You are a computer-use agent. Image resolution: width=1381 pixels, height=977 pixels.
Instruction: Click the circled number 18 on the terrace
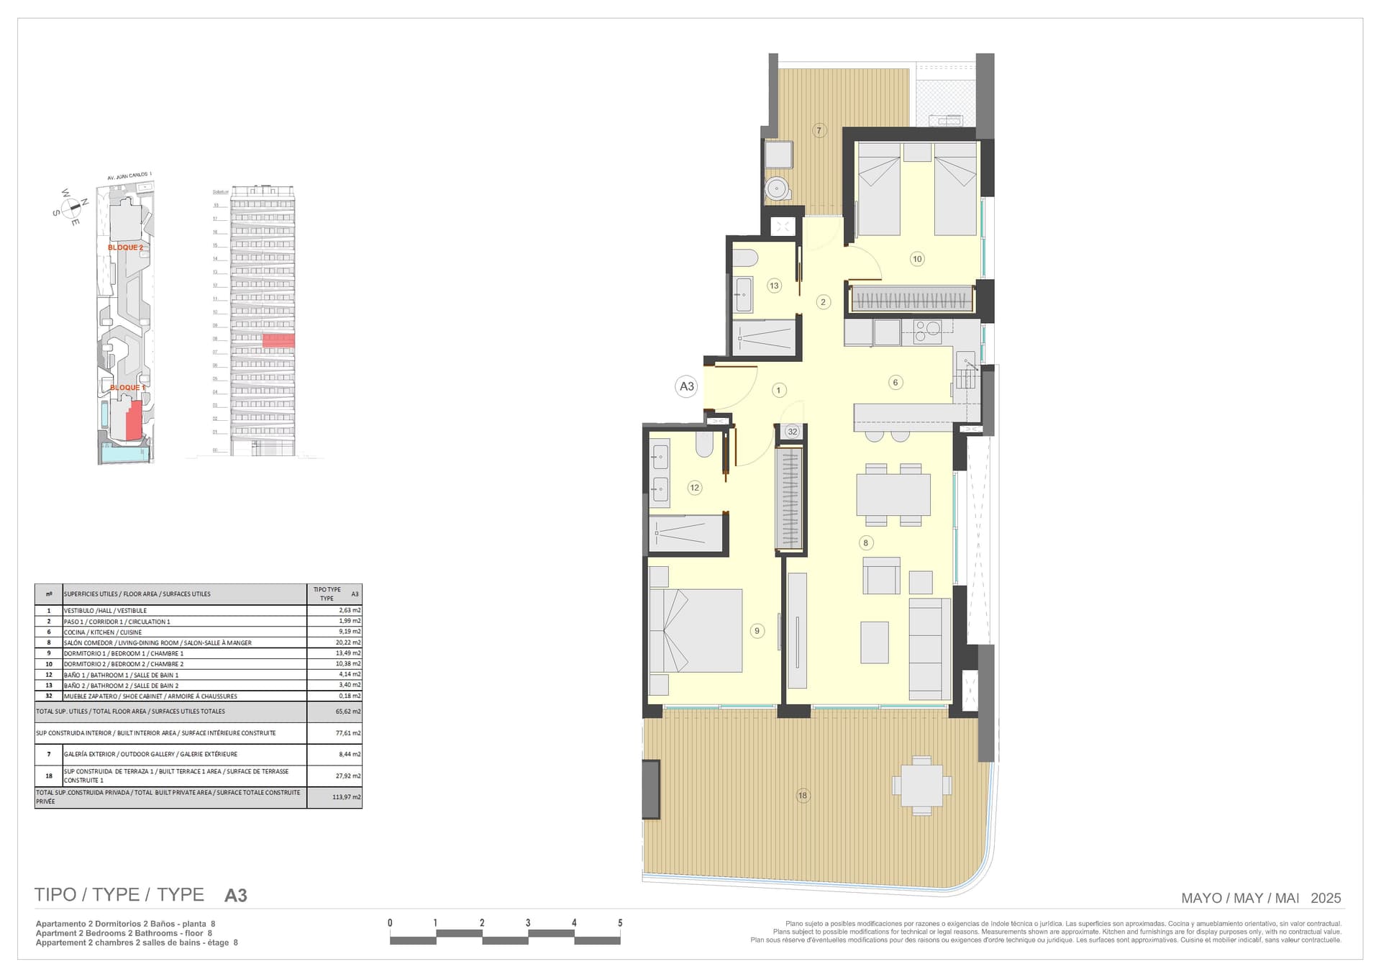(x=803, y=795)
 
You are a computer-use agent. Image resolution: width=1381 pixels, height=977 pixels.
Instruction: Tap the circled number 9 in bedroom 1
(x=757, y=631)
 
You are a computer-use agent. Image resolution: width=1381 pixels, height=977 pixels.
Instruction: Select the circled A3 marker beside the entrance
(x=687, y=386)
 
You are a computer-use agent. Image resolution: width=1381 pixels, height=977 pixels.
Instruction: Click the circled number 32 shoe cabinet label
(x=792, y=432)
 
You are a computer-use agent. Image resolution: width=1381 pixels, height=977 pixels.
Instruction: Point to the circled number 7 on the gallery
(x=819, y=130)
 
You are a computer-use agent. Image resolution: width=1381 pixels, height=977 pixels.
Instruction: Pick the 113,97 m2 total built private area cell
(x=346, y=797)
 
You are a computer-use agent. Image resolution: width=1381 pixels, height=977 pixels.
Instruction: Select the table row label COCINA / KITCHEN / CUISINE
(x=103, y=632)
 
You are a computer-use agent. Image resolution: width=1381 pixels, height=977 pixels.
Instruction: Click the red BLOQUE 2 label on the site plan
(x=125, y=247)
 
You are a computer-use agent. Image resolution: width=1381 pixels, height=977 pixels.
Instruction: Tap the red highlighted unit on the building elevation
(x=278, y=341)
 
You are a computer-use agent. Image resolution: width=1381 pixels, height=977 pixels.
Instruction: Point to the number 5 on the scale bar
(x=620, y=923)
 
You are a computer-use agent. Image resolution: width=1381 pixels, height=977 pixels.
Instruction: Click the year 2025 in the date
(x=1326, y=898)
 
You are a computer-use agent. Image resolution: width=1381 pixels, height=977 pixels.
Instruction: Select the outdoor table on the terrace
(x=921, y=785)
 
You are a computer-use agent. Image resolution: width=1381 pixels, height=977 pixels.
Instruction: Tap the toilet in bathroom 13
(x=745, y=258)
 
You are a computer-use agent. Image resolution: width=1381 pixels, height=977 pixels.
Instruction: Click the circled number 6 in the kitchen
(x=895, y=382)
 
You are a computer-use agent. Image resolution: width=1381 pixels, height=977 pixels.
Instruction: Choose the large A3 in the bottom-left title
(x=236, y=896)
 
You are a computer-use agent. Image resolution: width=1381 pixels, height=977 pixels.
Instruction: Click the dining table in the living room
(x=893, y=494)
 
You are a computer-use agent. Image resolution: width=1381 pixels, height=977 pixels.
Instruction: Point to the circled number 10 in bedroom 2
(x=917, y=259)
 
